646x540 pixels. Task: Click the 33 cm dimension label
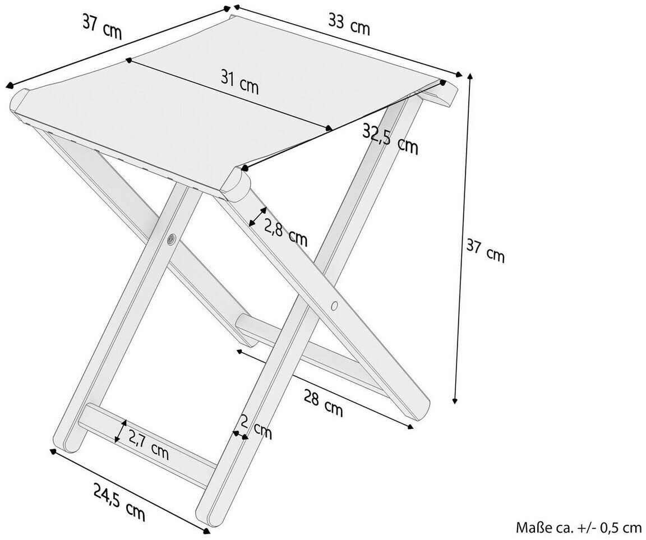click(349, 25)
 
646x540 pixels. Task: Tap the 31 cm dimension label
click(239, 84)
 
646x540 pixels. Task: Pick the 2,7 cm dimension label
click(148, 444)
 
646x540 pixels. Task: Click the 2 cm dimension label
click(257, 427)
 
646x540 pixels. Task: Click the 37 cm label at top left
click(101, 26)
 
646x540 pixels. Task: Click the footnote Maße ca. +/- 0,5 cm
click(578, 527)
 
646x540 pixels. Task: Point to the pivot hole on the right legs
click(335, 306)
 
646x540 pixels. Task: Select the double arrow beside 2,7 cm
click(120, 431)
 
